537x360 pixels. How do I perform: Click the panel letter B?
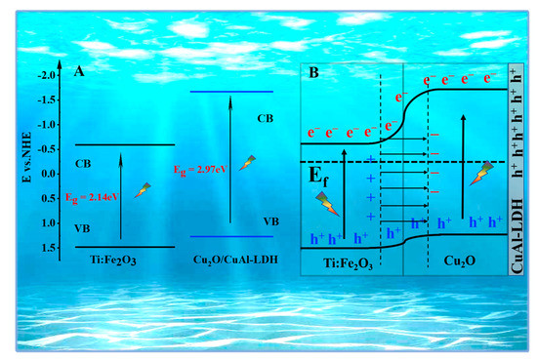314,70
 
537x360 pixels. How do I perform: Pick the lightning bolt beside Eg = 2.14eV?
143,189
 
